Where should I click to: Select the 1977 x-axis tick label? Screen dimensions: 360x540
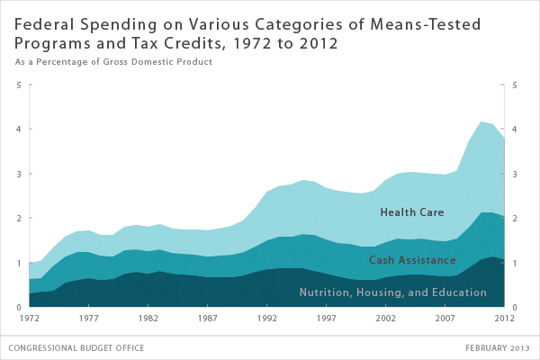[88, 318]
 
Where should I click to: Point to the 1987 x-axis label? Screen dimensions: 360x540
[207, 318]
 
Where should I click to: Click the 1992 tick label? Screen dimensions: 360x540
[266, 318]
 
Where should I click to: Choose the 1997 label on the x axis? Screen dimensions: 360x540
[326, 318]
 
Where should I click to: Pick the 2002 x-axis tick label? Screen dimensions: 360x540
[385, 318]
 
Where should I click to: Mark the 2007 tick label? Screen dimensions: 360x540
[445, 318]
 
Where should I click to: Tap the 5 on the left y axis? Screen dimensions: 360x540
[20, 85]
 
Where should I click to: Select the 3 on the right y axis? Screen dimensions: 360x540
[514, 174]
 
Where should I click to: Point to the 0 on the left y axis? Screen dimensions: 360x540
[20, 307]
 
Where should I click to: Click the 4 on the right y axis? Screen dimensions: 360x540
[514, 130]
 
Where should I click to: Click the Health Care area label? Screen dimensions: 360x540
[411, 213]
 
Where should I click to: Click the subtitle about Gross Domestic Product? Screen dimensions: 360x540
[112, 61]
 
